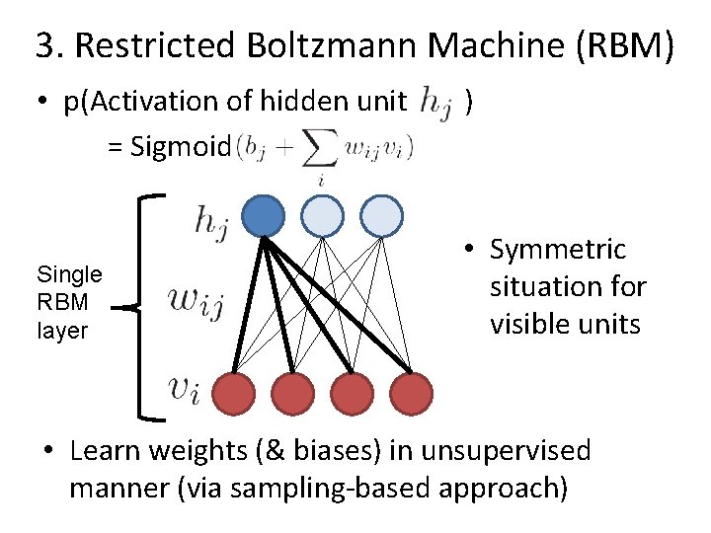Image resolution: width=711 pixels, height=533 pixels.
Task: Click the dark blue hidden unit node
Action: pos(263,215)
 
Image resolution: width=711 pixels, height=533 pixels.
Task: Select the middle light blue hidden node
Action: pos(322,215)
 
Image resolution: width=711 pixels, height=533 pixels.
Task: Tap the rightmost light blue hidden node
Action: pos(381,215)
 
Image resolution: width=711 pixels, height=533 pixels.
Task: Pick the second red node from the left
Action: pos(292,393)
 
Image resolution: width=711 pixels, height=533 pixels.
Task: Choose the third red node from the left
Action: pos(352,393)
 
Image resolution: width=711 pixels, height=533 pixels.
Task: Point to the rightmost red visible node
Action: pos(411,393)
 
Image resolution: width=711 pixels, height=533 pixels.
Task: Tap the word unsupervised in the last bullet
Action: pos(505,451)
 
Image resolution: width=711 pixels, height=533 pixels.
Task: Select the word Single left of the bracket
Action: pos(69,273)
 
